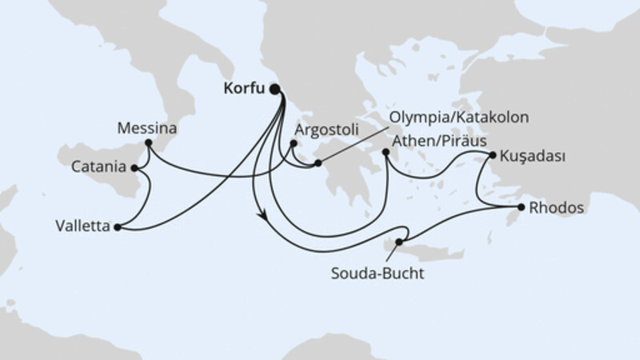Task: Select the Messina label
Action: pos(146,127)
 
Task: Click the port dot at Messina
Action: pos(148,144)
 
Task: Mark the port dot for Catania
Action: pos(134,168)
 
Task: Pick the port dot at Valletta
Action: pos(118,227)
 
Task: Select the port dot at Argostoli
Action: pos(294,145)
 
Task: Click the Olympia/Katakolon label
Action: pos(461,118)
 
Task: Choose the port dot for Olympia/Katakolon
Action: pos(318,164)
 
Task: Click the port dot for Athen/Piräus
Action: pos(386,150)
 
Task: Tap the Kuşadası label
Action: pos(534,156)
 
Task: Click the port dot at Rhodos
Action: pos(521,208)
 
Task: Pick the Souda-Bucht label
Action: pos(376,273)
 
